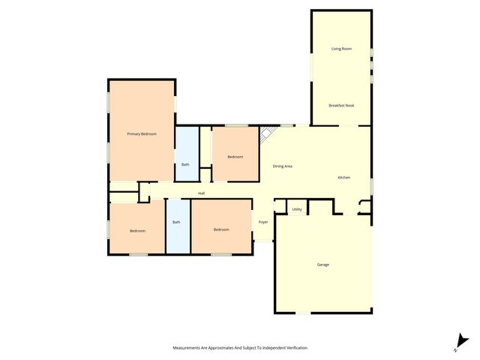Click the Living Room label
click(341, 49)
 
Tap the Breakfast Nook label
click(341, 106)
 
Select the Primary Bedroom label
click(142, 133)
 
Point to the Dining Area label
click(282, 166)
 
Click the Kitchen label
click(343, 177)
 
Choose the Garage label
click(322, 265)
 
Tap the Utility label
click(297, 210)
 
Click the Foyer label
click(263, 222)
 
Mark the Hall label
click(202, 193)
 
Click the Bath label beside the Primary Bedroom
click(185, 164)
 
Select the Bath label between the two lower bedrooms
click(177, 222)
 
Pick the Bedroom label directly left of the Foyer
click(220, 229)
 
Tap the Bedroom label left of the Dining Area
click(235, 157)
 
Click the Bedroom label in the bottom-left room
click(136, 230)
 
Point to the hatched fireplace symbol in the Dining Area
click(266, 135)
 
